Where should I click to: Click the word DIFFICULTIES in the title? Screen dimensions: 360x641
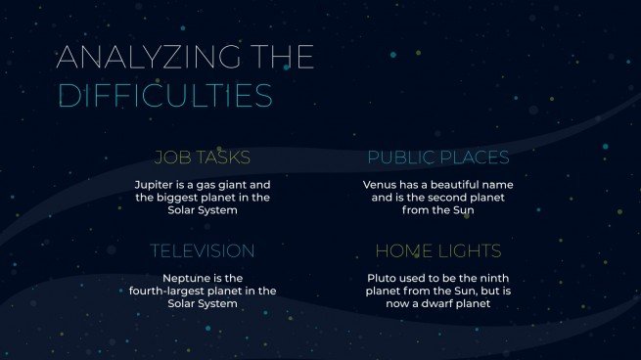pyautogui.click(x=164, y=95)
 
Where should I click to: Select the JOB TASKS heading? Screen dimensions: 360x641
pyautogui.click(x=203, y=157)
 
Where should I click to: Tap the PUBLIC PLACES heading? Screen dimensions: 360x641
pyautogui.click(x=437, y=157)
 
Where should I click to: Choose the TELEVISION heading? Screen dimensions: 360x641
pyautogui.click(x=203, y=251)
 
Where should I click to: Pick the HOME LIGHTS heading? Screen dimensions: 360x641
pyautogui.click(x=437, y=251)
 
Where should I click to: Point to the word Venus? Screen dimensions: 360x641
pyautogui.click(x=381, y=184)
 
